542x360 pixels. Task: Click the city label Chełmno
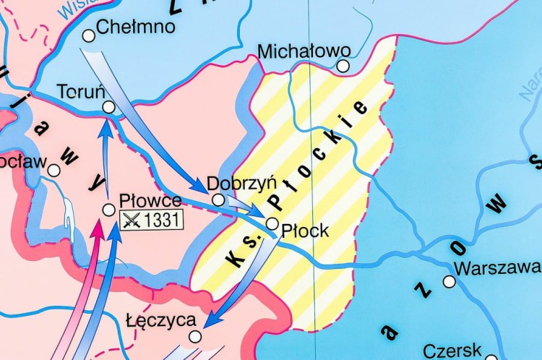click(x=136, y=27)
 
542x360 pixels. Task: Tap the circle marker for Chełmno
click(x=89, y=35)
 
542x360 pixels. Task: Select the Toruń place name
click(x=82, y=92)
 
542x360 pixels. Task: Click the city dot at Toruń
click(x=108, y=107)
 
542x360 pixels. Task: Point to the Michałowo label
click(x=304, y=51)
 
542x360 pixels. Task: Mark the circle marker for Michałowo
click(x=343, y=66)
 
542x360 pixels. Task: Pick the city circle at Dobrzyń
click(x=218, y=200)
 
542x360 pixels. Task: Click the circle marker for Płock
click(x=272, y=223)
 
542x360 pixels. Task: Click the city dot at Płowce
click(x=108, y=210)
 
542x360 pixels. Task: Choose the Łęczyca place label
click(x=160, y=320)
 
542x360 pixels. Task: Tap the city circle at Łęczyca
click(x=194, y=336)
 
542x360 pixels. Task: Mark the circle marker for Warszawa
click(x=449, y=281)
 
